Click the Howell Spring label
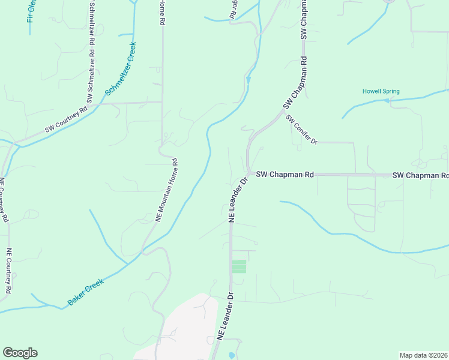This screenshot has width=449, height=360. click(381, 91)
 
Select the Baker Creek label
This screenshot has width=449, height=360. click(86, 292)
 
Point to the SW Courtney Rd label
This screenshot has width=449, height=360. click(66, 121)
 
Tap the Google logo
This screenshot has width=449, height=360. click(20, 353)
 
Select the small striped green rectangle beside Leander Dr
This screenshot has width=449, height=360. click(239, 266)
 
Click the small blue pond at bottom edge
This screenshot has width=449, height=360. click(232, 356)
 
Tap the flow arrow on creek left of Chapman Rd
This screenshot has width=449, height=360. click(249, 79)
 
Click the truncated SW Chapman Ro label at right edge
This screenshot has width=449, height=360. click(420, 175)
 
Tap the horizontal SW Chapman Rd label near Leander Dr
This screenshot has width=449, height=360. click(285, 175)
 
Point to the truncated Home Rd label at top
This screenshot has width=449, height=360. click(161, 12)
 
